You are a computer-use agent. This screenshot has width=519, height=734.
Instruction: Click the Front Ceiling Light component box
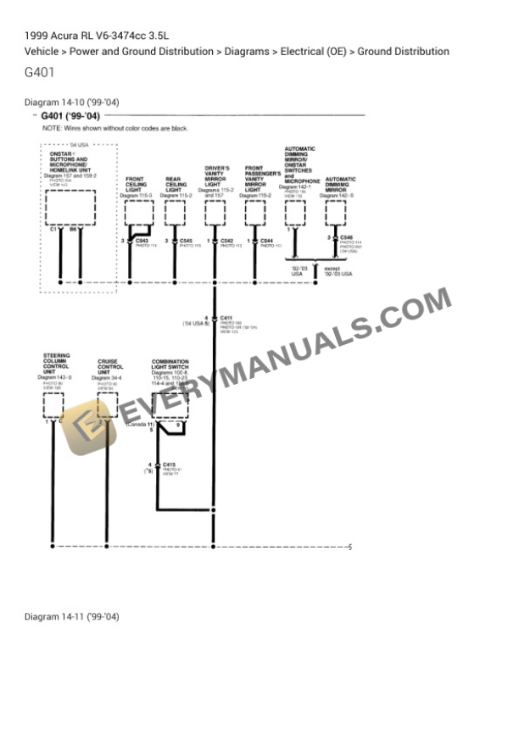[x=138, y=212]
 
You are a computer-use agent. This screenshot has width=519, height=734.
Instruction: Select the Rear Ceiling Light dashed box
[x=175, y=212]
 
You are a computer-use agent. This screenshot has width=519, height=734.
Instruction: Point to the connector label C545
[x=186, y=241]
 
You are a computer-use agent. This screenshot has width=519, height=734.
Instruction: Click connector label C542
[x=226, y=241]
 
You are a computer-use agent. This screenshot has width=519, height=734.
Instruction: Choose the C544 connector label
[x=266, y=241]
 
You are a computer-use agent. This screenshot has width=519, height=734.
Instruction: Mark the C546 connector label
[x=346, y=237]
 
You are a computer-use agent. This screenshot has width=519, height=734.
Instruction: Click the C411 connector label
[x=226, y=318]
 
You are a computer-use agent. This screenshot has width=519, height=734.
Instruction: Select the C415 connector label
[x=169, y=464]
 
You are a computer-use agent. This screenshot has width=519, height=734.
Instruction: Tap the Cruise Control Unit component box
[x=107, y=405]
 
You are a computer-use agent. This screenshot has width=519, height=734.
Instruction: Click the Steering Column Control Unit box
[x=53, y=405]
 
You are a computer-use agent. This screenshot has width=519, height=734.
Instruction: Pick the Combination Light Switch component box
[x=170, y=405]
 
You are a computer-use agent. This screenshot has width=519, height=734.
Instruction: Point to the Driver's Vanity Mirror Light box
[x=215, y=212]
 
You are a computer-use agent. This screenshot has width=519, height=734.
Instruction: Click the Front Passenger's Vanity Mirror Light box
[x=255, y=212]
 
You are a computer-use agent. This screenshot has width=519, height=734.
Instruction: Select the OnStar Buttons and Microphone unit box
[x=70, y=207]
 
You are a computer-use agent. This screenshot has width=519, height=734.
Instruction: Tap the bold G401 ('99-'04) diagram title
[x=70, y=116]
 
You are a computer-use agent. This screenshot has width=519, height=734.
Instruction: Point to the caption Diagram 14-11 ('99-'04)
[x=72, y=616]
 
